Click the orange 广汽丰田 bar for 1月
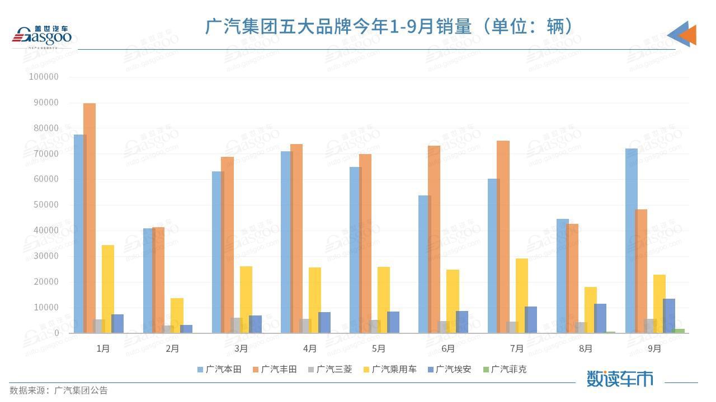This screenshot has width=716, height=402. (89, 218)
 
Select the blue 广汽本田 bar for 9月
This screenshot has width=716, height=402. (630, 241)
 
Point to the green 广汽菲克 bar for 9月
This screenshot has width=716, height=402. (679, 331)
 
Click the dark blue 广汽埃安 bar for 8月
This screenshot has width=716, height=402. (600, 318)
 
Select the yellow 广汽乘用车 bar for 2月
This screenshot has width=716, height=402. (177, 315)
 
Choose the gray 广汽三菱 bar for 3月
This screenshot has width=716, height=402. (235, 325)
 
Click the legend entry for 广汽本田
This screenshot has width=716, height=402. (219, 369)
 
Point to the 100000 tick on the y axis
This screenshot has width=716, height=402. (44, 77)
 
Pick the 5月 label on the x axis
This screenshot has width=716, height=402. (379, 348)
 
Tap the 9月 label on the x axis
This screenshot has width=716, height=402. (654, 348)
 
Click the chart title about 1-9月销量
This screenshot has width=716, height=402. (390, 26)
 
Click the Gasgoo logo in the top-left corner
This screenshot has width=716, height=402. (43, 36)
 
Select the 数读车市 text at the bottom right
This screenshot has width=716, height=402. (620, 379)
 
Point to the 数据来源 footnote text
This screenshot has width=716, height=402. (59, 390)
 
